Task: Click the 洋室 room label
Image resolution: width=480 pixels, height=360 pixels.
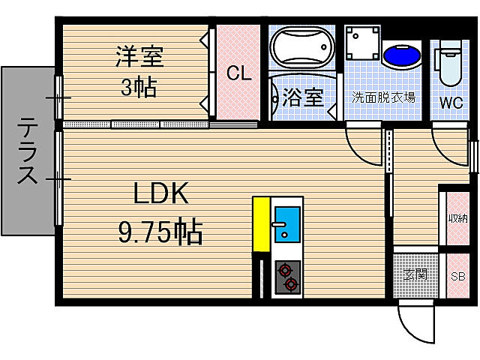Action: click(x=139, y=55)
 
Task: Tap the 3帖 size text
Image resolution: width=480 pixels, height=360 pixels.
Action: click(x=139, y=87)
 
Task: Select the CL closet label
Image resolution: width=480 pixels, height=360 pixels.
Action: click(x=238, y=73)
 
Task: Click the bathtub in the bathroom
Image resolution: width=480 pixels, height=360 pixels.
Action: click(x=302, y=49)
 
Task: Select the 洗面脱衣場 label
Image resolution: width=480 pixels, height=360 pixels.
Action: click(x=384, y=98)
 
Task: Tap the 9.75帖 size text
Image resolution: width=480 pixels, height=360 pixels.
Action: click(x=160, y=232)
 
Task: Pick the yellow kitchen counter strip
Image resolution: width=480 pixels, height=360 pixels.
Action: click(x=260, y=223)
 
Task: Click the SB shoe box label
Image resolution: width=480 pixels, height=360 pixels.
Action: click(x=457, y=275)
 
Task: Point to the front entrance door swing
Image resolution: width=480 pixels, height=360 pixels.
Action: click(x=416, y=322)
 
